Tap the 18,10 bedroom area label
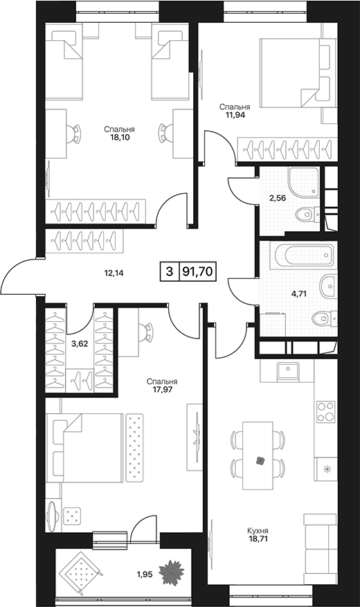coord(119,137)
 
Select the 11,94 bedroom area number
coord(235,114)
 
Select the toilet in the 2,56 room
coord(307,214)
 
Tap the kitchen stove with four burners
coord(325,412)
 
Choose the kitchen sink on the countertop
coord(287,371)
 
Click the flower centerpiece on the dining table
coord(260,460)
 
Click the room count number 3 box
coord(169,271)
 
